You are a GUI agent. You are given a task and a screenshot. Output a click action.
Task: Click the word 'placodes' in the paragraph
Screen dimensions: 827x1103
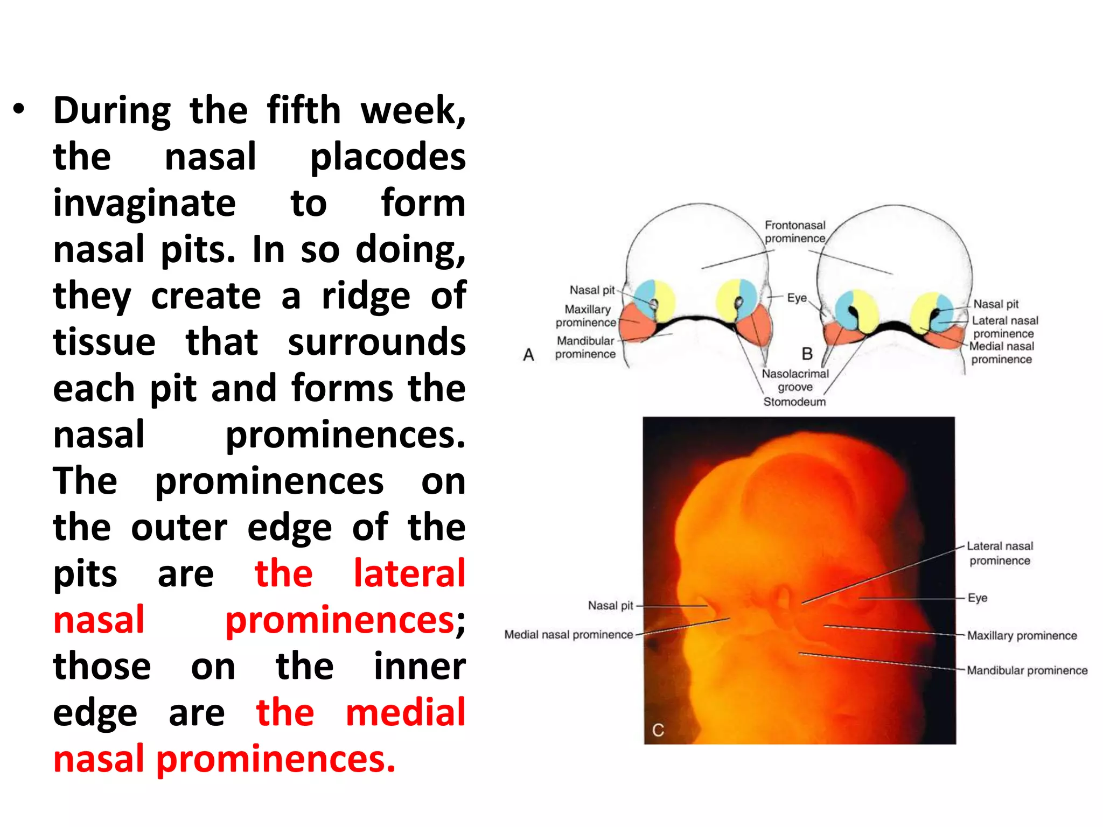pos(388,157)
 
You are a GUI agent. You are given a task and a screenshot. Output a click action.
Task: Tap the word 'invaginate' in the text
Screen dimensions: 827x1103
pos(144,204)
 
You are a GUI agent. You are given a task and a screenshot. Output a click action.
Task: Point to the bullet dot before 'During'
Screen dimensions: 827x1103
pos(19,109)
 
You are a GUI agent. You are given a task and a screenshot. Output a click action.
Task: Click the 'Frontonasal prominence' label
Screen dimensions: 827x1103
pos(795,232)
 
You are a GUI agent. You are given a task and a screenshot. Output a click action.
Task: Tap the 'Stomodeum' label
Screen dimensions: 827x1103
pos(794,402)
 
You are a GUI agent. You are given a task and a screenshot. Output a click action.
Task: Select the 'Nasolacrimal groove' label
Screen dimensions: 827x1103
pos(795,380)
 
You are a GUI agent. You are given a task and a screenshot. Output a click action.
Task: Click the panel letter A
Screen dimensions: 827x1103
pos(529,355)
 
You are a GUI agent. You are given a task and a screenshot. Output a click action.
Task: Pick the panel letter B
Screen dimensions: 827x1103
pos(807,354)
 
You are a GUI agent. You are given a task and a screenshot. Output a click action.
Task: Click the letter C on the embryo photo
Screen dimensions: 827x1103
pos(658,730)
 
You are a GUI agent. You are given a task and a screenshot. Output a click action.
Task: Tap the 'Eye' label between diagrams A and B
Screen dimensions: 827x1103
pos(797,298)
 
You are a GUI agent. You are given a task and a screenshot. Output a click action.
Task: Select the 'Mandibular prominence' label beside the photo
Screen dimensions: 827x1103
pos(1027,670)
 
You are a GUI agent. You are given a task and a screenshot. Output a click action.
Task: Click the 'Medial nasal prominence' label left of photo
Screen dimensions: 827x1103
pos(569,635)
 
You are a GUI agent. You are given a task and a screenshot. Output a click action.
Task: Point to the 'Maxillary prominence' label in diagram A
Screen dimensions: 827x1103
pos(587,316)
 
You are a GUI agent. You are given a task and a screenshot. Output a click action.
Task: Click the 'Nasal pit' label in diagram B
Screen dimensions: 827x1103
pos(996,304)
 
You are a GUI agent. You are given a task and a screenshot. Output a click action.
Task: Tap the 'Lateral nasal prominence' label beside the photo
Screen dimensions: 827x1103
pos(1000,553)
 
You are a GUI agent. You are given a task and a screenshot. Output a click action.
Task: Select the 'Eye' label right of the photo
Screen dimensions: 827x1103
pos(978,598)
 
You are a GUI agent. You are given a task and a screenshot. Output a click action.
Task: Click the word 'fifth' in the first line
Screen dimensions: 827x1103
pos(304,110)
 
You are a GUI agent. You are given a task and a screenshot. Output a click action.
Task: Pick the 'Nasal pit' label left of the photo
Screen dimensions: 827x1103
pos(611,606)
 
